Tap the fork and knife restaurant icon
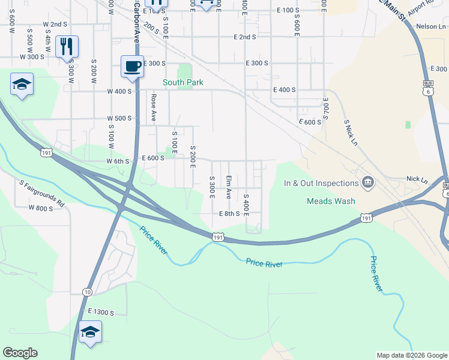pyautogui.click(x=67, y=46)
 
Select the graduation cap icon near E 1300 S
pyautogui.click(x=90, y=332)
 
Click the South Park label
pyautogui.click(x=183, y=83)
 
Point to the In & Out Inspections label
pyautogui.click(x=321, y=183)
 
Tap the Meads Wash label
pyautogui.click(x=331, y=202)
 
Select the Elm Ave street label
pyautogui.click(x=229, y=187)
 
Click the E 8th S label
pyautogui.click(x=229, y=214)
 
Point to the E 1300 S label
pyautogui.click(x=100, y=312)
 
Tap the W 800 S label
pyautogui.click(x=41, y=208)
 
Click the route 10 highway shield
pyautogui.click(x=88, y=292)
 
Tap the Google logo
pyautogui.click(x=20, y=353)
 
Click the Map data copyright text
pyautogui.click(x=412, y=355)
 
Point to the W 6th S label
pyautogui.click(x=118, y=161)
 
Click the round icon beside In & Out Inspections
pyautogui.click(x=368, y=182)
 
